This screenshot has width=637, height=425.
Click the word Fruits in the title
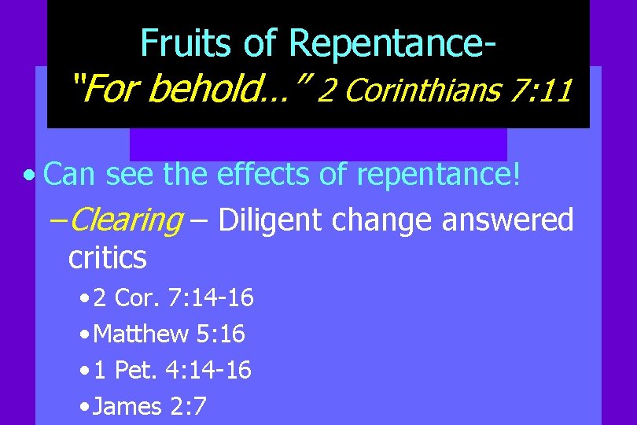click(182, 43)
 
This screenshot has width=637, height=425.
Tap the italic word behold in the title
click(207, 90)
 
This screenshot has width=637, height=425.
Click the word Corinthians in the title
click(423, 91)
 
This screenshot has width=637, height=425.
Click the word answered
click(507, 221)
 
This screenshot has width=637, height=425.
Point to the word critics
click(108, 257)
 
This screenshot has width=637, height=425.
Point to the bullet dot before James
click(84, 407)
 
